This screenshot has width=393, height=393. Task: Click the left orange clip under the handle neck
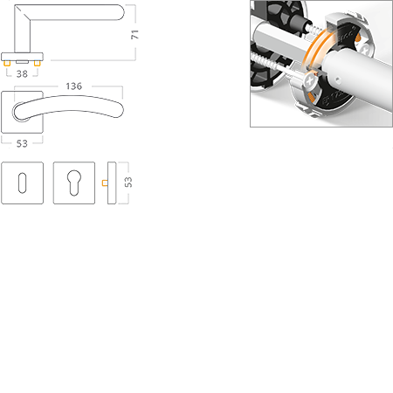pos(8,65)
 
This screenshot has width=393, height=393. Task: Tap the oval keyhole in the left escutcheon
pos(23,183)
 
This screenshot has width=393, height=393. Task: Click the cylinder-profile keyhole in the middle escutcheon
pos(73,183)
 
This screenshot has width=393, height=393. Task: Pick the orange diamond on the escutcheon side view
pos(104,183)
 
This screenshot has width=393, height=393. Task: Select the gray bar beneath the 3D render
pos(285,125)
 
